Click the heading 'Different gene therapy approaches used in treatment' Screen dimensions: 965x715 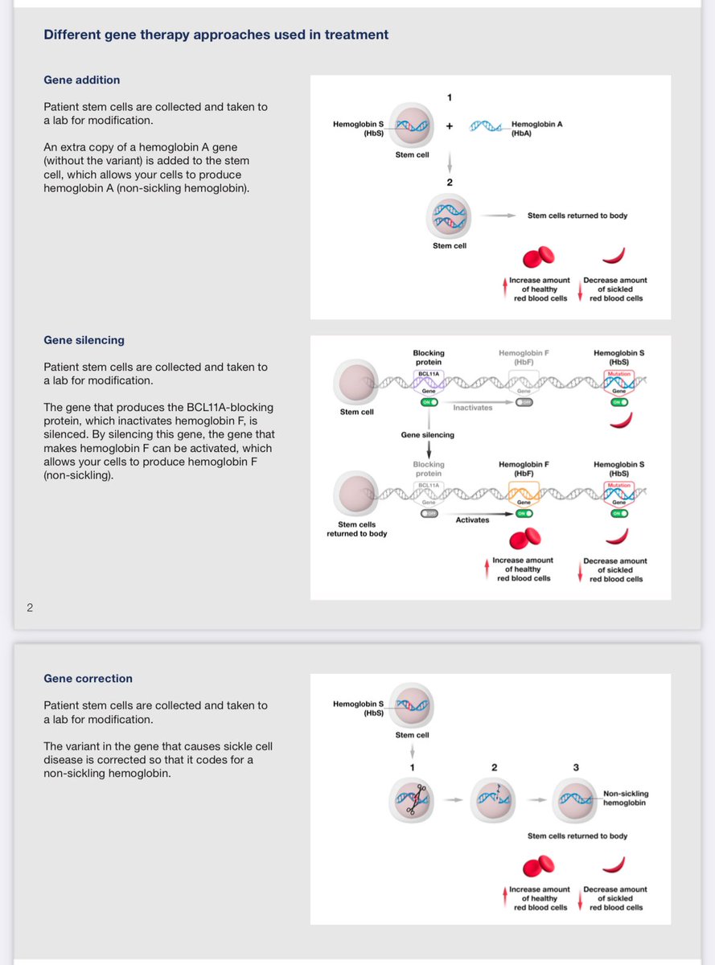click(216, 35)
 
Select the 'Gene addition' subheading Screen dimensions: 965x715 click(81, 80)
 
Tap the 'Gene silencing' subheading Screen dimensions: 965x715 click(84, 340)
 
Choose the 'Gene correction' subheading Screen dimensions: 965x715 click(88, 678)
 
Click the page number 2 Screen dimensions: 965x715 click(30, 607)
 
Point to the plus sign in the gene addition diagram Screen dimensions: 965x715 click(450, 125)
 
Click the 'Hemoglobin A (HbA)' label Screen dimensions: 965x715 click(536, 128)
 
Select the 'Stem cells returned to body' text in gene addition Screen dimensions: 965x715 click(577, 216)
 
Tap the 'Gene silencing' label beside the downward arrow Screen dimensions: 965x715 click(427, 434)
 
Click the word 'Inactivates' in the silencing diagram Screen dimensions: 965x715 click(472, 407)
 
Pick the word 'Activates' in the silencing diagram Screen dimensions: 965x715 click(472, 519)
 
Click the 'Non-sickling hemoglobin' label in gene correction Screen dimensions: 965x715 click(625, 798)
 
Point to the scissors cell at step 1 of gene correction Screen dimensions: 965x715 click(412, 799)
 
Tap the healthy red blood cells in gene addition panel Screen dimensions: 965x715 click(539, 257)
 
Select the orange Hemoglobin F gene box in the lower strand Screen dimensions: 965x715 click(524, 491)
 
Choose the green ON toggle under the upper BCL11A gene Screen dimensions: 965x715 click(428, 402)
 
